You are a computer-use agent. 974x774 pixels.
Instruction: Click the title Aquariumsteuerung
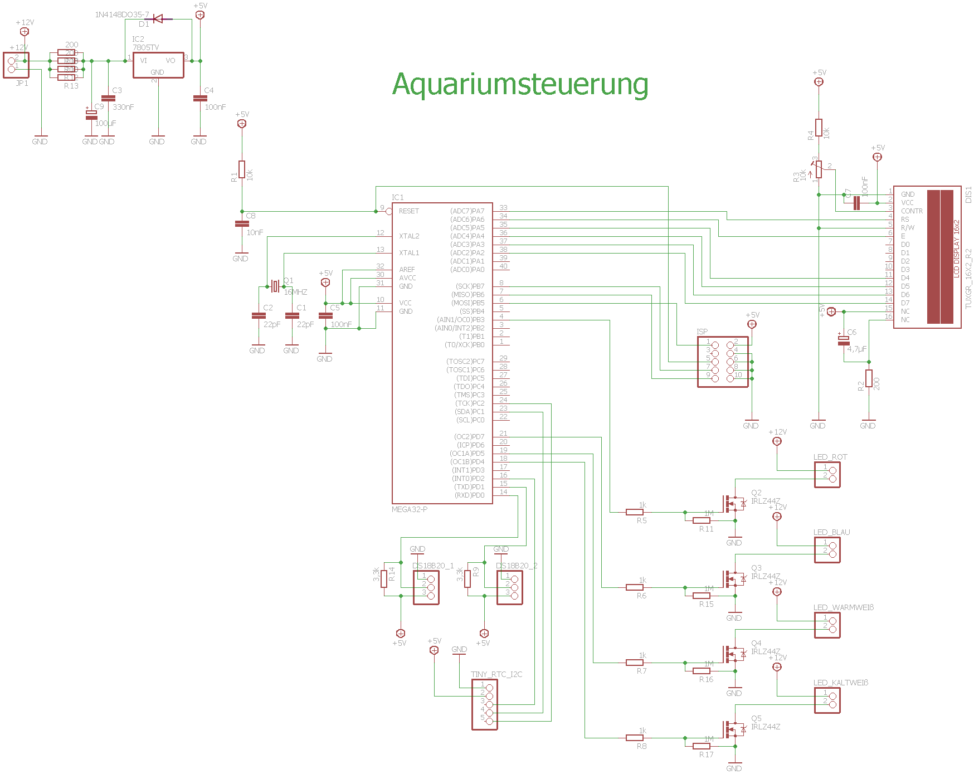coord(520,85)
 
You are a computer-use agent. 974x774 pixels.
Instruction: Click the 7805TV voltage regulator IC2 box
coord(158,65)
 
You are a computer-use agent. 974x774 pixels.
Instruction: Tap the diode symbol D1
coord(158,20)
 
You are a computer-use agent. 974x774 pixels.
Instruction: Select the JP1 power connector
coord(16,65)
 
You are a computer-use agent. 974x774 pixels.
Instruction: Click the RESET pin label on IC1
coord(408,211)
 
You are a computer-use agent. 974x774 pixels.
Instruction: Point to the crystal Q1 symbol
coord(275,286)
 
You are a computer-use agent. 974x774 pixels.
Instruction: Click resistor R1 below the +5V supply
coord(242,169)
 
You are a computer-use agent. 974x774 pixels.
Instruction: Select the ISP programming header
coord(723,362)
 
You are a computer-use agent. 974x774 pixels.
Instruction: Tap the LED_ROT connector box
coord(827,475)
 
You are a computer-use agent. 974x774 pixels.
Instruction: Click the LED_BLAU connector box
coord(827,550)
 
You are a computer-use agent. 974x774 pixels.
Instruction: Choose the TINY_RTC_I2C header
coord(485,704)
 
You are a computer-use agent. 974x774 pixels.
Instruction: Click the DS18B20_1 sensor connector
coord(426,587)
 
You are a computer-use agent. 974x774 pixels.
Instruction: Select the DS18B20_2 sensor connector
coord(510,587)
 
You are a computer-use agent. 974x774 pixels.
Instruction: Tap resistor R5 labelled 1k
coord(635,512)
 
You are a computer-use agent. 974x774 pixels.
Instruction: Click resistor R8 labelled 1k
coord(635,738)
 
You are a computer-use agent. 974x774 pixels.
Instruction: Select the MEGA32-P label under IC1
coord(410,509)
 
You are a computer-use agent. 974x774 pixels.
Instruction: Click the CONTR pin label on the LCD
coord(912,211)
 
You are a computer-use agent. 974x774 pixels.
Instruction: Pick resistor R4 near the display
coord(819,128)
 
